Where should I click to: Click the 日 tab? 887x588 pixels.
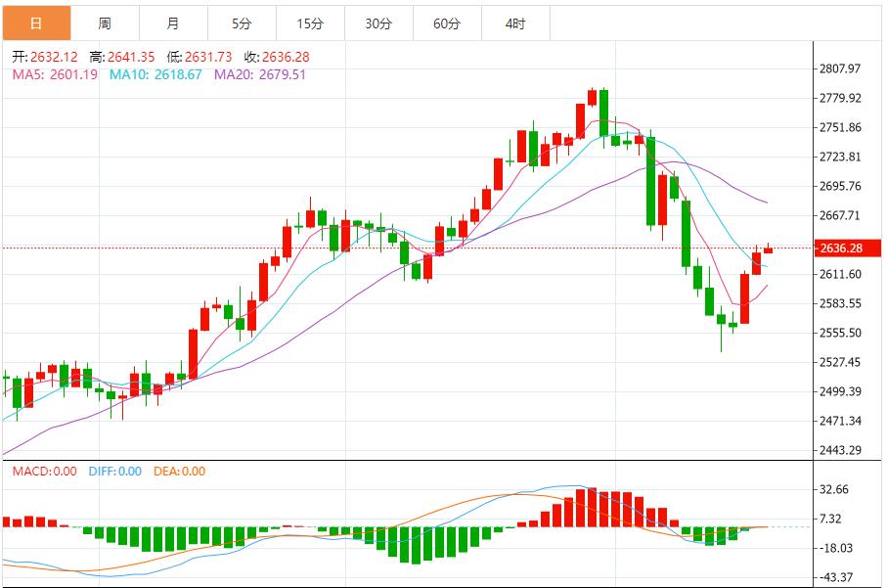[36, 23]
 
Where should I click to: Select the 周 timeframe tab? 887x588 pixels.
[105, 23]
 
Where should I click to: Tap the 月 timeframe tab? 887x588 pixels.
[173, 23]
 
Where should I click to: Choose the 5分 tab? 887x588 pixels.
[242, 23]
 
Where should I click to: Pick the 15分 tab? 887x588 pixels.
[310, 23]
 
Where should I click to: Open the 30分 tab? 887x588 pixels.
[378, 23]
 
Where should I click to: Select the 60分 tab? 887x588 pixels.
[447, 23]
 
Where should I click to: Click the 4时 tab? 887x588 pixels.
[515, 23]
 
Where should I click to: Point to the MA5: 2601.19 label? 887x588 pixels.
[55, 73]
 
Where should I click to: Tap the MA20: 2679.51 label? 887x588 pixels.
[259, 73]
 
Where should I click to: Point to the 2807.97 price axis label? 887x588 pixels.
[841, 68]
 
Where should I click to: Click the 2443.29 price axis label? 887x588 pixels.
[841, 450]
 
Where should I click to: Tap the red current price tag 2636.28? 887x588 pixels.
[841, 249]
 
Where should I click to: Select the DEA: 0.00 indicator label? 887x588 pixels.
[179, 471]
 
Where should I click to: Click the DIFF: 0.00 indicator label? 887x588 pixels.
[114, 471]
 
